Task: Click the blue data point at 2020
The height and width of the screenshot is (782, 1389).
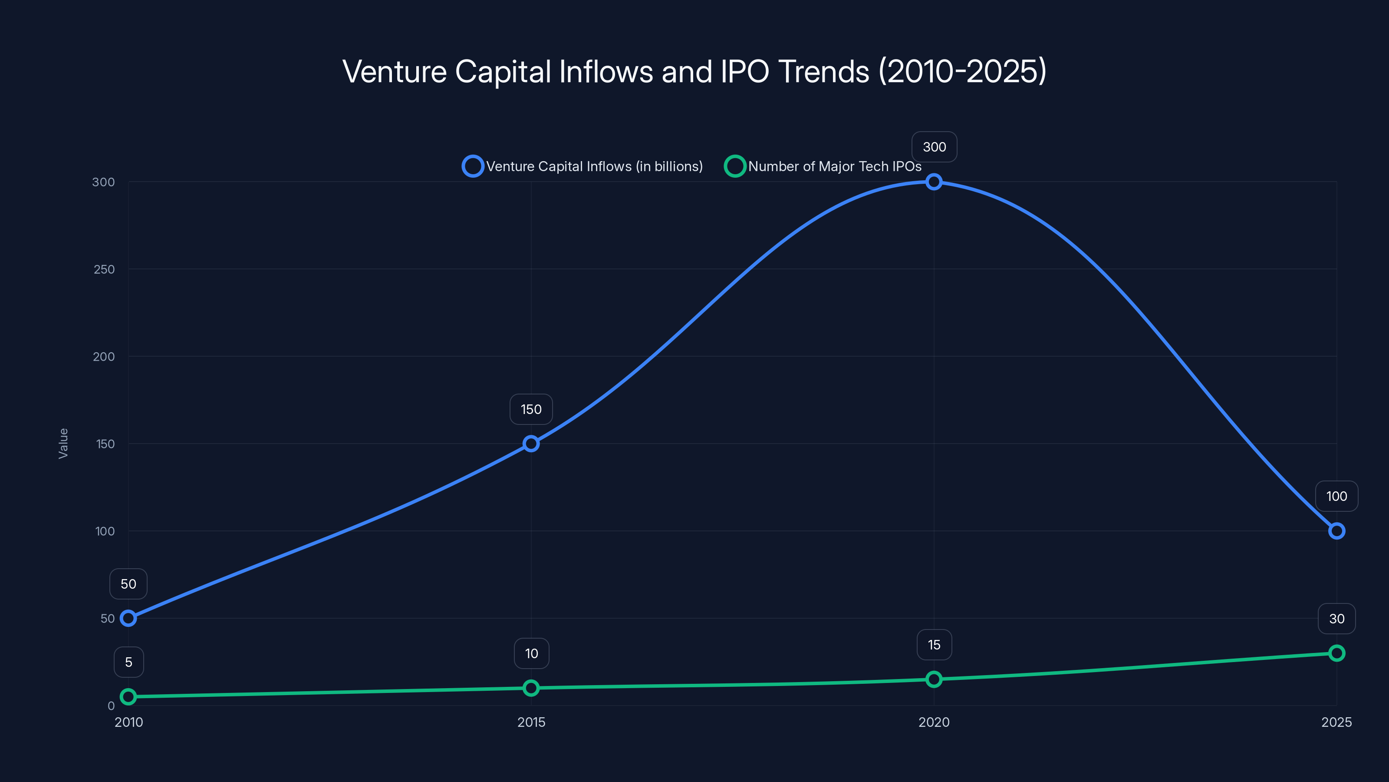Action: coord(934,182)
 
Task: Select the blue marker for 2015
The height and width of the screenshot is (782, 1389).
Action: coord(531,444)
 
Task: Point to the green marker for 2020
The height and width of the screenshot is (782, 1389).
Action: coord(934,679)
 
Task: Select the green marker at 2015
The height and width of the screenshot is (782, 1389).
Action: coord(531,688)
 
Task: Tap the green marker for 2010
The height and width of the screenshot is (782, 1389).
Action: coord(128,697)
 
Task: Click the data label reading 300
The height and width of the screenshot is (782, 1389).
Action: coord(934,147)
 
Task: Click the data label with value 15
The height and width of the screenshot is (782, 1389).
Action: coord(934,644)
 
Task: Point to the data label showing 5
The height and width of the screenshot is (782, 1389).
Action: coord(128,662)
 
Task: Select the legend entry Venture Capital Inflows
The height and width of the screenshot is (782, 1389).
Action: coord(583,166)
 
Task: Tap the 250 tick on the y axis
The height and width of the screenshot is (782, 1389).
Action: coord(104,269)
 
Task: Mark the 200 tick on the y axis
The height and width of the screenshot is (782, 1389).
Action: coord(104,357)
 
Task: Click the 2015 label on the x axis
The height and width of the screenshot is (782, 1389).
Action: coord(531,722)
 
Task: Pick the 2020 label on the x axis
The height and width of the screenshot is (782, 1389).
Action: coord(934,722)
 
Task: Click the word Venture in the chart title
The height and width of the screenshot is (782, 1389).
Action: coord(394,72)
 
